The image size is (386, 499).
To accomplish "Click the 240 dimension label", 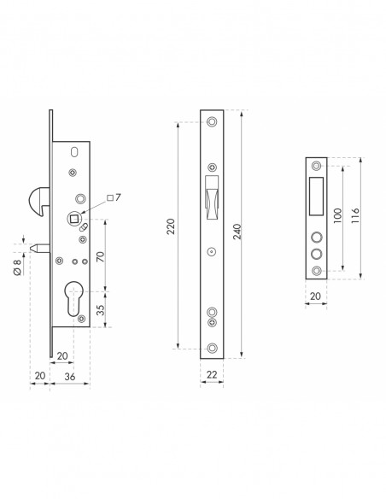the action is [237, 232].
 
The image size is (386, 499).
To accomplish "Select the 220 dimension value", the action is [171, 226].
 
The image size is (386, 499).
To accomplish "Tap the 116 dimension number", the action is [355, 215].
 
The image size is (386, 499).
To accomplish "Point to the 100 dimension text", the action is [337, 215].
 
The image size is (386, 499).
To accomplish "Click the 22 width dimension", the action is [212, 374].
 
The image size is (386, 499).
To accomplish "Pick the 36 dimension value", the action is [70, 377].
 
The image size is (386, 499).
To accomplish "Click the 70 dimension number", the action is [100, 256].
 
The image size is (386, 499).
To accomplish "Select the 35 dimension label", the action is [100, 310].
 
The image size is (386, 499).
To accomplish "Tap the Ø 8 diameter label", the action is [17, 267].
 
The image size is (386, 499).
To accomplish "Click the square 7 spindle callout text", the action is [114, 197].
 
